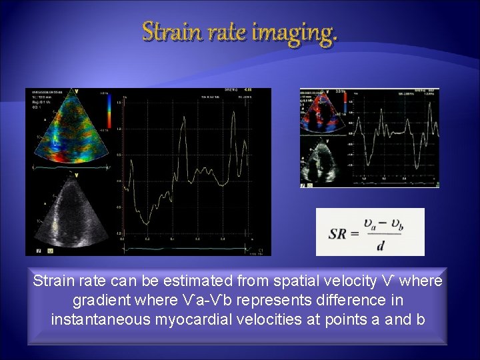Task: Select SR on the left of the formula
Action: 338,234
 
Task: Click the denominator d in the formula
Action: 380,246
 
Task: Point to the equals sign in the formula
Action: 355,234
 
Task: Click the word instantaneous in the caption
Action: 110,319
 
